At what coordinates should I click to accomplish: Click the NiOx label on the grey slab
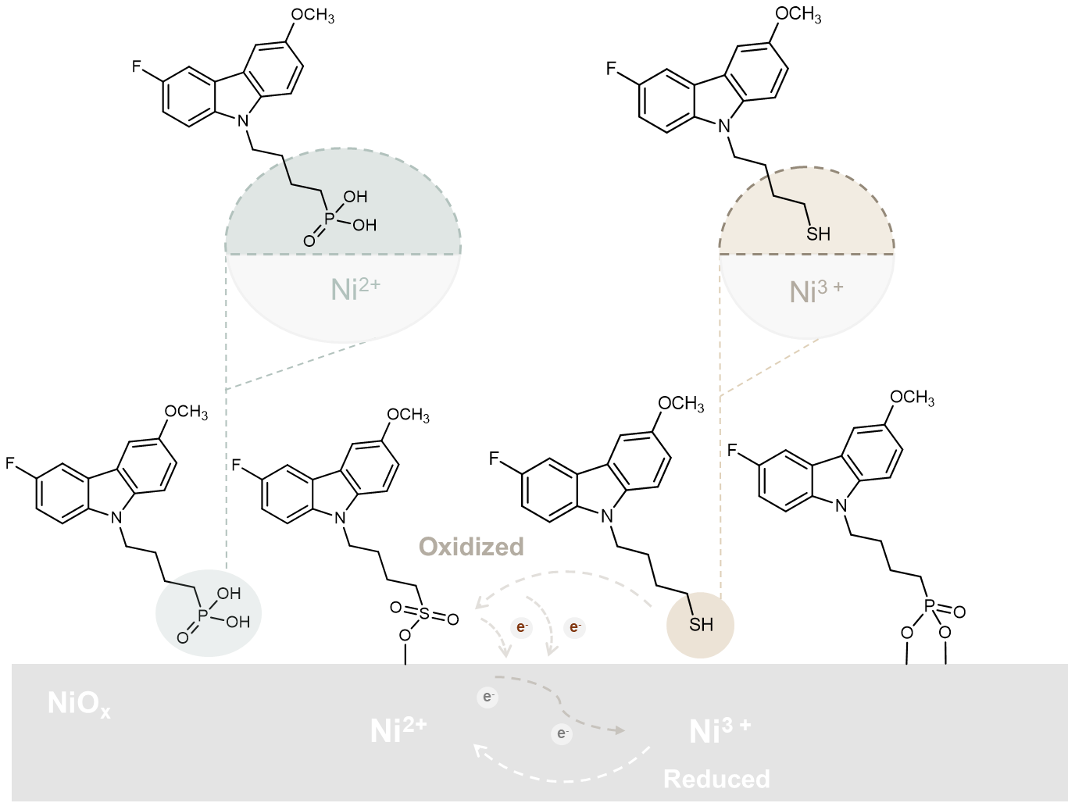click(78, 704)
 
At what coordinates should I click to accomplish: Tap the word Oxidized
click(471, 546)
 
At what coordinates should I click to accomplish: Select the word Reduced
click(716, 779)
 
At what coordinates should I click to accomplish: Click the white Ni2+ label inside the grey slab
click(398, 730)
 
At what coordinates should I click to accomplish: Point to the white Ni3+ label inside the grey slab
click(720, 730)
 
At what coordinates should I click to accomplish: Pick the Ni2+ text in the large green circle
click(355, 289)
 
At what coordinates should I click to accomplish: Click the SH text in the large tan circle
click(818, 234)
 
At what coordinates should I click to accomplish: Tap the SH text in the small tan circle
click(701, 625)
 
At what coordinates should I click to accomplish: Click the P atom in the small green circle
click(203, 616)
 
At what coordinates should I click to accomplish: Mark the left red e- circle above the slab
click(521, 627)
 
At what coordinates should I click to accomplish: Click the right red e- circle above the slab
click(574, 627)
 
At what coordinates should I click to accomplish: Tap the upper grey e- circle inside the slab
click(488, 697)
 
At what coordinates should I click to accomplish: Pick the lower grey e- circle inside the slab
click(561, 733)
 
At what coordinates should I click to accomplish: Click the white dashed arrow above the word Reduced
click(563, 777)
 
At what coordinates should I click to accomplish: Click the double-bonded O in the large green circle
click(309, 241)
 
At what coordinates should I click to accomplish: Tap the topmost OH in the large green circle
click(355, 197)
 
